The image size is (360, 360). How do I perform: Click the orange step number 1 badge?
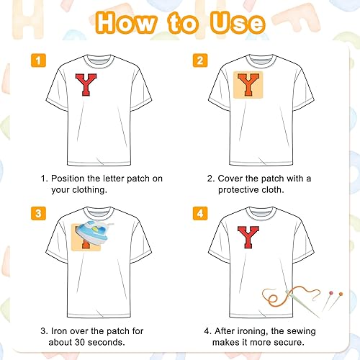[x=38, y=60]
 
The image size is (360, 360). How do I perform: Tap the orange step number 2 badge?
[x=200, y=60]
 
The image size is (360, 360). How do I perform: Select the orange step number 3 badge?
[x=38, y=213]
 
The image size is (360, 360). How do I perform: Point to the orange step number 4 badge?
[x=200, y=213]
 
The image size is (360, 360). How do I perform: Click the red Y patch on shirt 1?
[x=86, y=84]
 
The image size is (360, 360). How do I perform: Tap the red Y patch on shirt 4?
[x=248, y=237]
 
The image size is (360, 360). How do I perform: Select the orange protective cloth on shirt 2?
[x=248, y=85]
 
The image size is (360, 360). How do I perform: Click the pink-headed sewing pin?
[x=327, y=301]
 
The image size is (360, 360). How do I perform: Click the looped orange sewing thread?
[x=291, y=295]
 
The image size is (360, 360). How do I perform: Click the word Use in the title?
[x=238, y=23]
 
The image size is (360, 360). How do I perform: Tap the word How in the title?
[x=126, y=22]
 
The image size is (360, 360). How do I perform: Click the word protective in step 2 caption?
[x=238, y=190]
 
